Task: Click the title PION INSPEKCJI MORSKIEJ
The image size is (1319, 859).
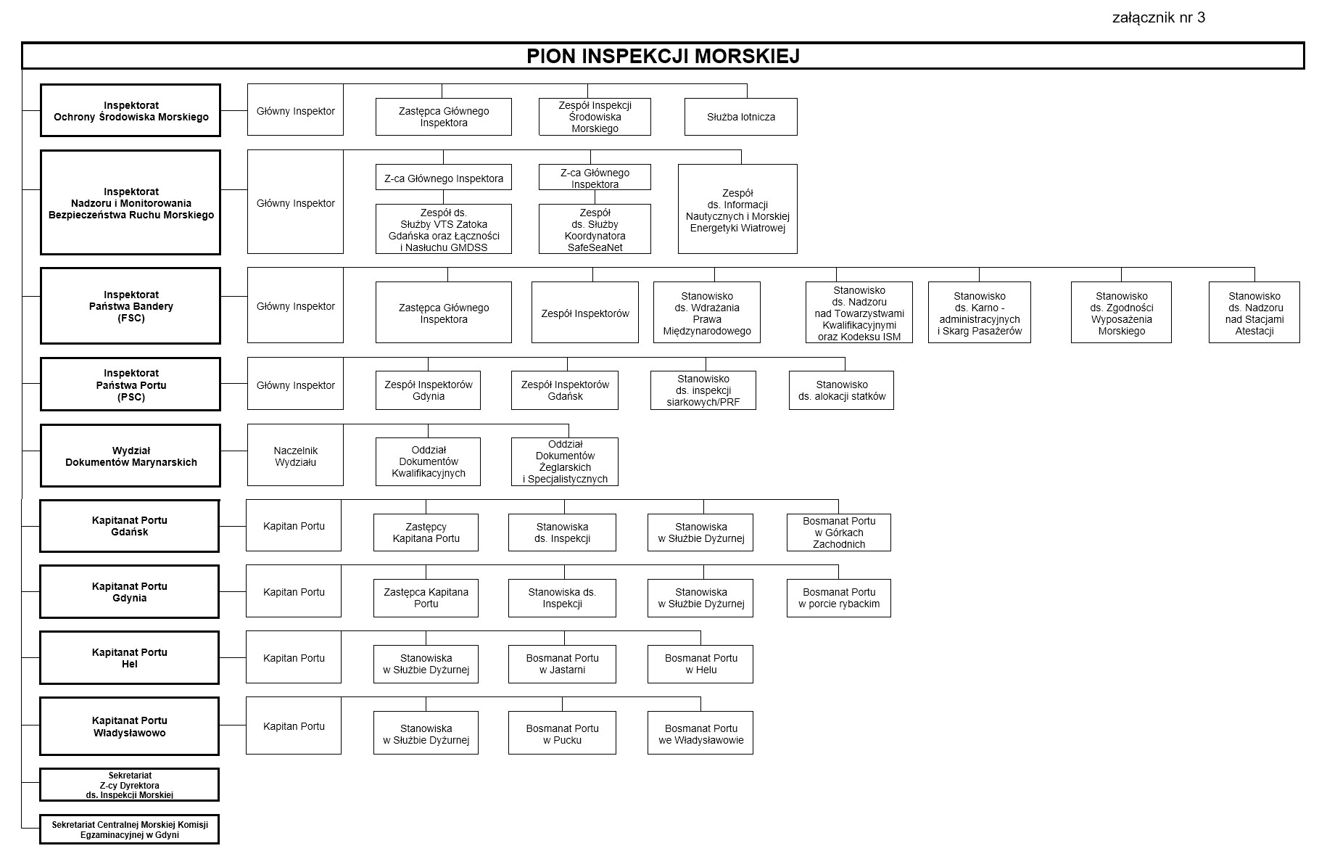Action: pyautogui.click(x=663, y=57)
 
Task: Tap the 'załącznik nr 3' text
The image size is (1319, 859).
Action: pyautogui.click(x=1158, y=18)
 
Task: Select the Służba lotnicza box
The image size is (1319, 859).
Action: pyautogui.click(x=740, y=117)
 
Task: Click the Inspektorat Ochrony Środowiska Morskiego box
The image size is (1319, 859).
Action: pyautogui.click(x=131, y=110)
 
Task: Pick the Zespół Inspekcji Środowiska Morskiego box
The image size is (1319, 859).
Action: pyautogui.click(x=595, y=117)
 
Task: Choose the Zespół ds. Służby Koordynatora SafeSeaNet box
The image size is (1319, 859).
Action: pyautogui.click(x=595, y=229)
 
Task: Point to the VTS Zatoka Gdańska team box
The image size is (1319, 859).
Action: pyautogui.click(x=444, y=229)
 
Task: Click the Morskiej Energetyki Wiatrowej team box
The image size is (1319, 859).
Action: pyautogui.click(x=737, y=209)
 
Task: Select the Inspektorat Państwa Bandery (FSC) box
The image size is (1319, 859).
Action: pyautogui.click(x=131, y=306)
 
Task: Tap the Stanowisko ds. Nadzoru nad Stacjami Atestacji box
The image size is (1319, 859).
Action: pyautogui.click(x=1254, y=313)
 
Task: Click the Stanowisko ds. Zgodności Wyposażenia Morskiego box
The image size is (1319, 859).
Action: pyautogui.click(x=1121, y=313)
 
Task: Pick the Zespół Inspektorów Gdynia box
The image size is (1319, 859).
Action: pyautogui.click(x=428, y=390)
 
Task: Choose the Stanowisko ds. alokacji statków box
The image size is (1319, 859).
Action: pyautogui.click(x=841, y=390)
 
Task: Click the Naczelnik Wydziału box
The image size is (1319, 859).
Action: pyautogui.click(x=295, y=456)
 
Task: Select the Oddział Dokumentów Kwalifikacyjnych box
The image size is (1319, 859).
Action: pyautogui.click(x=428, y=462)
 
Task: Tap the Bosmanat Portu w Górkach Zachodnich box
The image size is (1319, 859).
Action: pyautogui.click(x=839, y=533)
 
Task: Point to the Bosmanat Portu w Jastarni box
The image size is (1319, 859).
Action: pyautogui.click(x=562, y=664)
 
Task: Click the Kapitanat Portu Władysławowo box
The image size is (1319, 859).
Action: pyautogui.click(x=130, y=726)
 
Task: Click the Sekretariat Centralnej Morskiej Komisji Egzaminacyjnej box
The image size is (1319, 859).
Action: pyautogui.click(x=130, y=829)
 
